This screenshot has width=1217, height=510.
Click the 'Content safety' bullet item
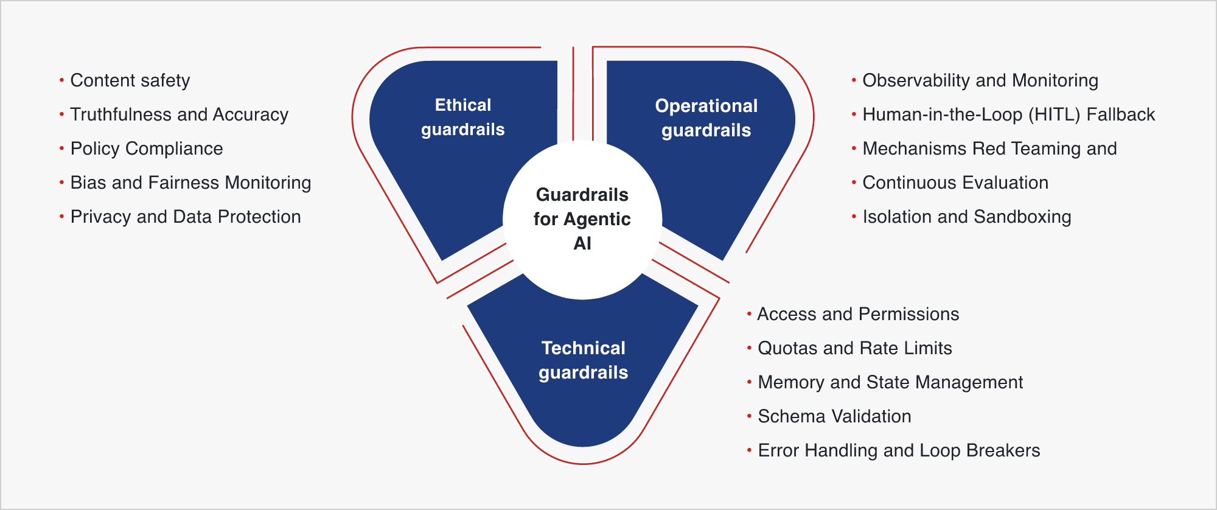130,80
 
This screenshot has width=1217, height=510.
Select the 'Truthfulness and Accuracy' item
179,114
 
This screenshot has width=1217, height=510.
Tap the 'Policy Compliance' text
147,148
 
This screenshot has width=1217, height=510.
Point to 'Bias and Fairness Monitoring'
190,183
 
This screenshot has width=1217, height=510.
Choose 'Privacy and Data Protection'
186,217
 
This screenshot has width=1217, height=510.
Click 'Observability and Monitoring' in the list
980,80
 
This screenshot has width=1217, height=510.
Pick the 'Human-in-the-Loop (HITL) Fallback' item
1008,114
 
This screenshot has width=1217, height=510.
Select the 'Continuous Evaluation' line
955,183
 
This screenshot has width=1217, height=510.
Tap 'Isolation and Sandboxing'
967,217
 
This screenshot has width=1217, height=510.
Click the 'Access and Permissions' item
858,314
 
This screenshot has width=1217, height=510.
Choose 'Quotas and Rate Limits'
855,348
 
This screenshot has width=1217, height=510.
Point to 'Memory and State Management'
890,382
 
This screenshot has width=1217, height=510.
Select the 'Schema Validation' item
834,416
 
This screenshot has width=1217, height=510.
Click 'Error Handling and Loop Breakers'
899,450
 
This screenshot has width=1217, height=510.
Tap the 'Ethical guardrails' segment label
463,117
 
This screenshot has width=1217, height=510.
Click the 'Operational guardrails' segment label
706,118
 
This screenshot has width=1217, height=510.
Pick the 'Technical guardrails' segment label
583,360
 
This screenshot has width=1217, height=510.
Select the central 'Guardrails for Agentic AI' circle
582,219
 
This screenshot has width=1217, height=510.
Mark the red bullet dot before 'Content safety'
61,80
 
